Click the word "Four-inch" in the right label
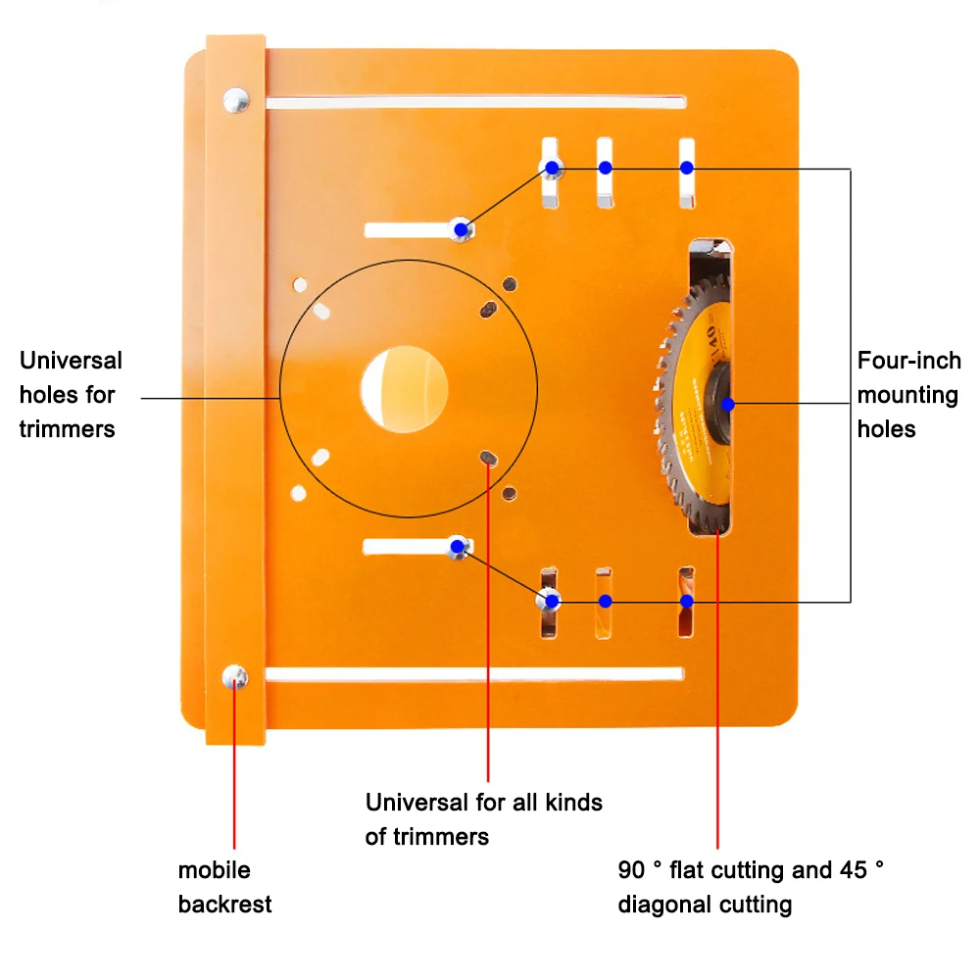click(908, 361)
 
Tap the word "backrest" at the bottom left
click(224, 904)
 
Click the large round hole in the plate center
click(405, 389)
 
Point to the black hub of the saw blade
click(720, 403)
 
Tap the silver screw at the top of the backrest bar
click(235, 99)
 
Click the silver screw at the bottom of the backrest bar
click(235, 676)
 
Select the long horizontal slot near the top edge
click(475, 102)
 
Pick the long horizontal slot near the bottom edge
click(475, 674)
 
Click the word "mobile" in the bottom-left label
click(214, 870)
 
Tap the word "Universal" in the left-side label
click(71, 361)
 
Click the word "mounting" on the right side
click(907, 395)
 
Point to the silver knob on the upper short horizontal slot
click(462, 230)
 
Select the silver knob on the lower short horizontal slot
click(458, 547)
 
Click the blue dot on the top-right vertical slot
click(687, 168)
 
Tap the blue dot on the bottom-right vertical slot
click(687, 601)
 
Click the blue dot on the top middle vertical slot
click(606, 168)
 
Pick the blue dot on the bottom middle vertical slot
click(606, 601)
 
